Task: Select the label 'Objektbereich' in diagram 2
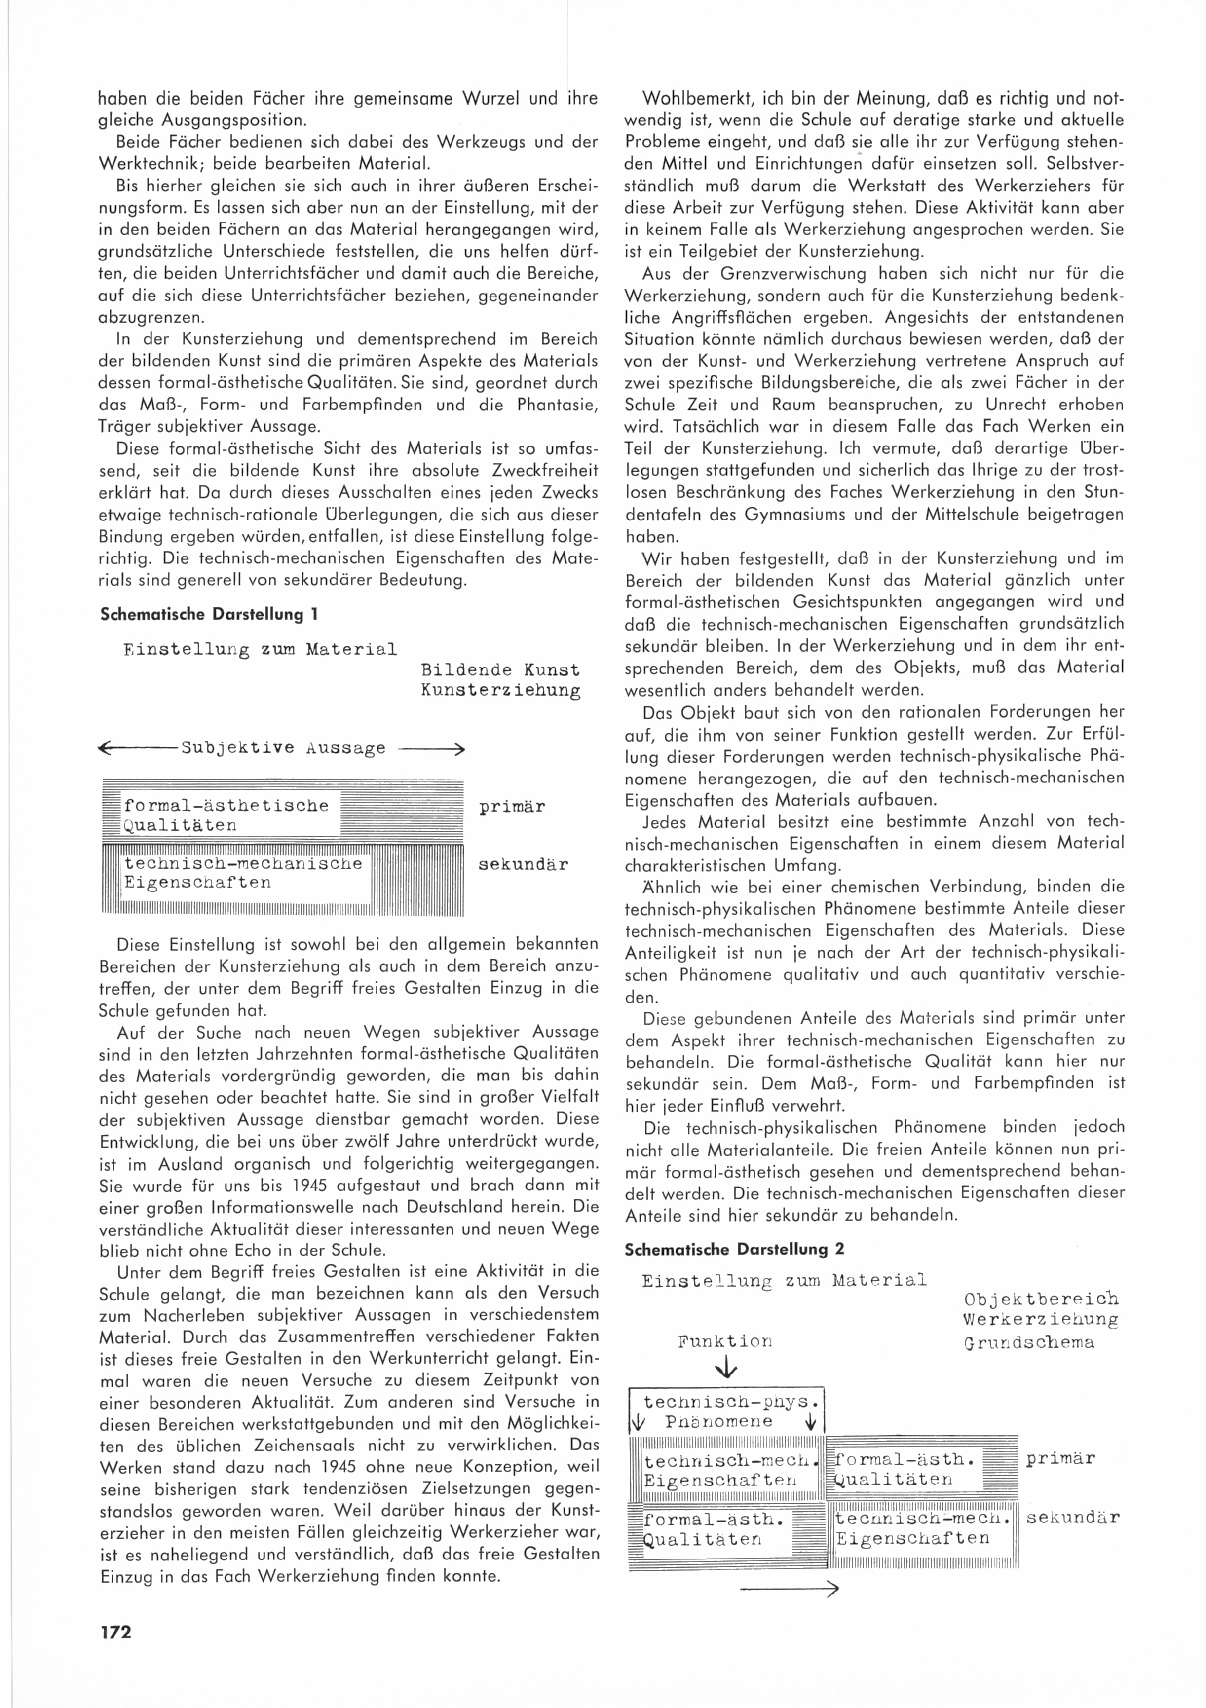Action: pyautogui.click(x=1041, y=1300)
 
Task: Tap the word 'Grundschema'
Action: pyautogui.click(x=1029, y=1343)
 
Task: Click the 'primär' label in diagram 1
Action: pyautogui.click(x=512, y=807)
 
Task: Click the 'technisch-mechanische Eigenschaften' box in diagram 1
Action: pyautogui.click(x=246, y=873)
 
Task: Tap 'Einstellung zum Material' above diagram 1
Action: pyautogui.click(x=261, y=649)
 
